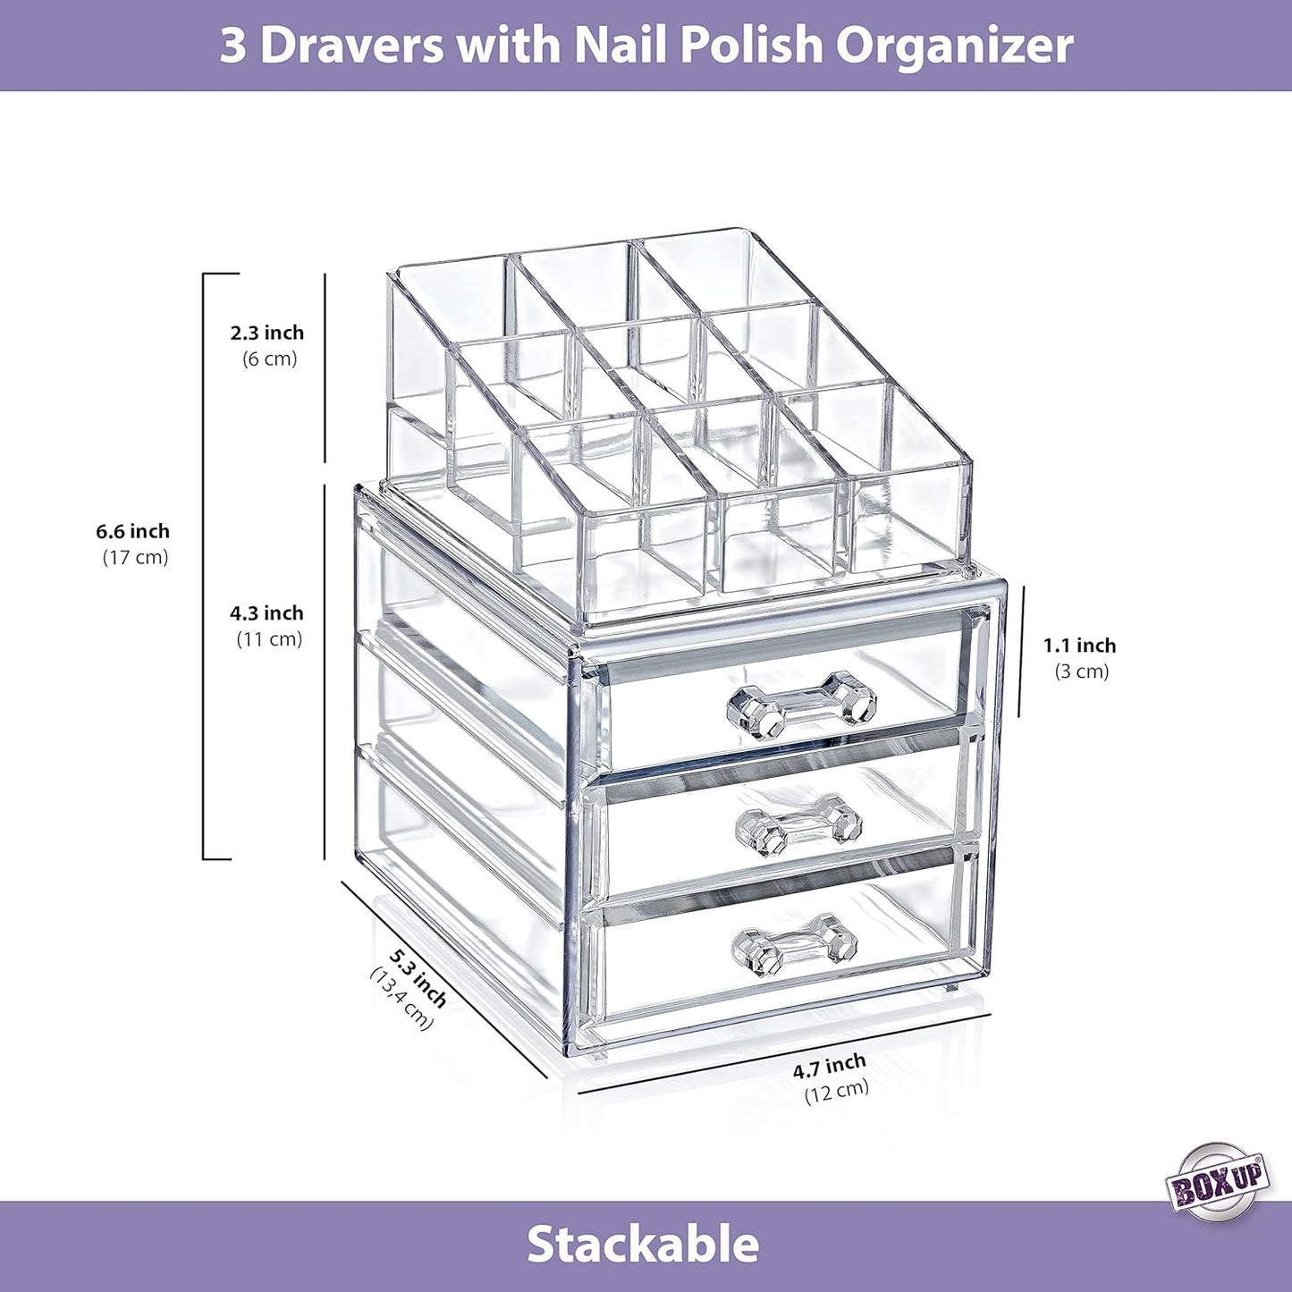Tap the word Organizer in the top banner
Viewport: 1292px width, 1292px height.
pos(954,46)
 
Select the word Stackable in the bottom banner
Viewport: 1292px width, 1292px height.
pos(643,1244)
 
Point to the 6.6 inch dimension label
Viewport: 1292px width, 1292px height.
pos(133,531)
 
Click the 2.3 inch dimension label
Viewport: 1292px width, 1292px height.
pos(267,333)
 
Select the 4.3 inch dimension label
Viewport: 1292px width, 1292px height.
pos(267,613)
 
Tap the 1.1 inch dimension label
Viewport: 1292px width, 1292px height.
pos(1079,646)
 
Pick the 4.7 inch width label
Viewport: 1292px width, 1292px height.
pos(830,1064)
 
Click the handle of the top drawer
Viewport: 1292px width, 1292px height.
pos(802,705)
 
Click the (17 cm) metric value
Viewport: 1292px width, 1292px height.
pos(135,557)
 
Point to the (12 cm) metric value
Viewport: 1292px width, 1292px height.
pos(836,1090)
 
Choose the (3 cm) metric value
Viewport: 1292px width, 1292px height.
pos(1081,671)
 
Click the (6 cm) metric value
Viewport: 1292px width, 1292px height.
pos(269,359)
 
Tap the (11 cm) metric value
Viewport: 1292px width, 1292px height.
pos(269,639)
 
